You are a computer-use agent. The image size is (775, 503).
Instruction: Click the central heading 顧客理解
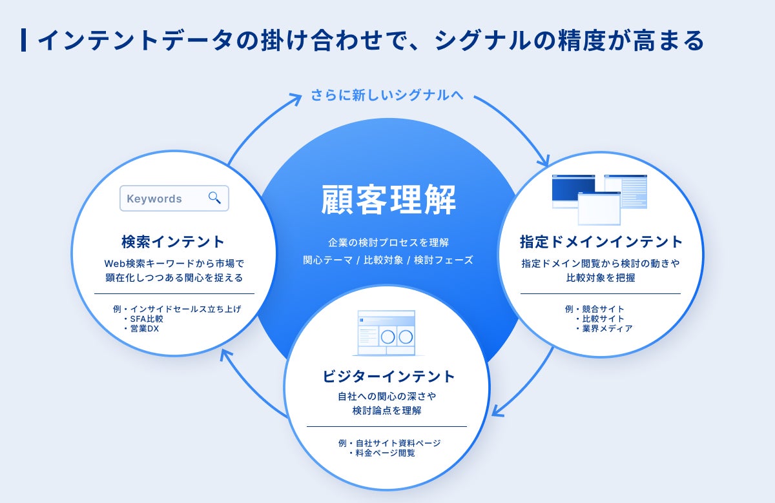click(388, 199)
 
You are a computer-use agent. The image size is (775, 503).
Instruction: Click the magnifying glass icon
click(214, 198)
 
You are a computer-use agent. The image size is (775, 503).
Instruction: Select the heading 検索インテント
click(173, 242)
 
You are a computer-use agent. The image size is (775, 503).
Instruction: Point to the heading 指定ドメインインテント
click(601, 242)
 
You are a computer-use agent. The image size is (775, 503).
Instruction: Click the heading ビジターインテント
click(388, 376)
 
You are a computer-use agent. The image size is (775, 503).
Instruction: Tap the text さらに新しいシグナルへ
click(387, 95)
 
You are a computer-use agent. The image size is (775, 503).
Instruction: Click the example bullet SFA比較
click(147, 319)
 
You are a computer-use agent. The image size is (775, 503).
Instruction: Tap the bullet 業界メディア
click(607, 328)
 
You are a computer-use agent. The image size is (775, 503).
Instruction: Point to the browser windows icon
click(599, 199)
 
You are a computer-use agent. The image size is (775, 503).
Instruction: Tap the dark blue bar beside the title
click(24, 40)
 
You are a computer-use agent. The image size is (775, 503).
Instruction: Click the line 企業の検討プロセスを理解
click(388, 243)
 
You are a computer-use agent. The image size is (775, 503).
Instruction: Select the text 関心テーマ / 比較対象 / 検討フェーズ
click(388, 261)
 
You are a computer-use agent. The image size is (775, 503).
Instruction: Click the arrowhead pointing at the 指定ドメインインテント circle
click(544, 161)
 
